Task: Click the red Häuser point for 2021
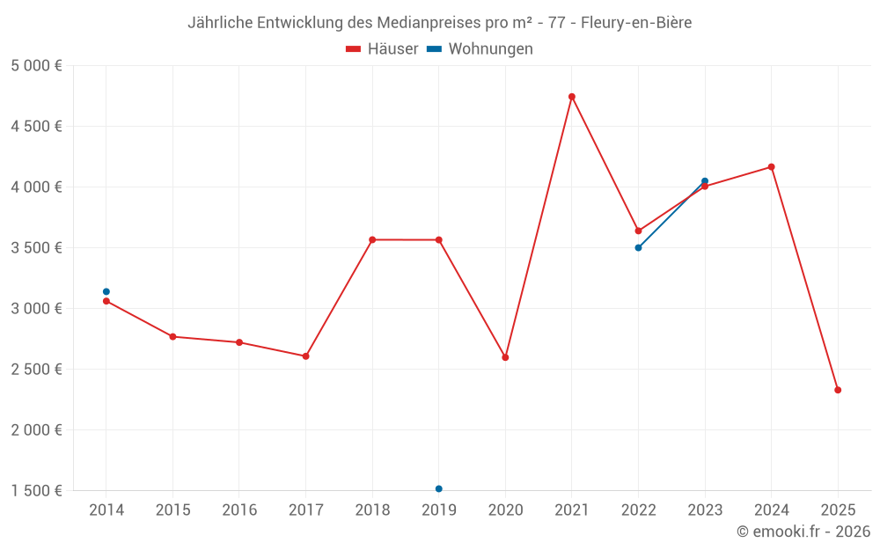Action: tap(572, 97)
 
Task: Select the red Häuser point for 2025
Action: tap(838, 390)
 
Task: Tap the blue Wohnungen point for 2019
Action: tap(438, 488)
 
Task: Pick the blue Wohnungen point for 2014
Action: tap(106, 291)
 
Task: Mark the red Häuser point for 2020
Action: tap(505, 357)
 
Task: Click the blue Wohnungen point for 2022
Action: tap(638, 247)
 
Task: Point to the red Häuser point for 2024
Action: tap(772, 167)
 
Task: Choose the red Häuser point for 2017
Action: tap(305, 356)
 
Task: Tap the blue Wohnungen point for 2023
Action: tap(705, 181)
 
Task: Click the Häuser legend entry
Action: tap(382, 49)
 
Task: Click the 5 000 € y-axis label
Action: tap(36, 66)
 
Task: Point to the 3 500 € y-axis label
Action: tap(36, 248)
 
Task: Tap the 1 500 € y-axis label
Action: tap(36, 491)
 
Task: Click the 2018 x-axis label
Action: tap(372, 510)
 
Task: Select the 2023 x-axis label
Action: tap(705, 510)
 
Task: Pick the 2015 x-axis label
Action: tap(172, 510)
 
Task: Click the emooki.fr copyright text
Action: tap(803, 532)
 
